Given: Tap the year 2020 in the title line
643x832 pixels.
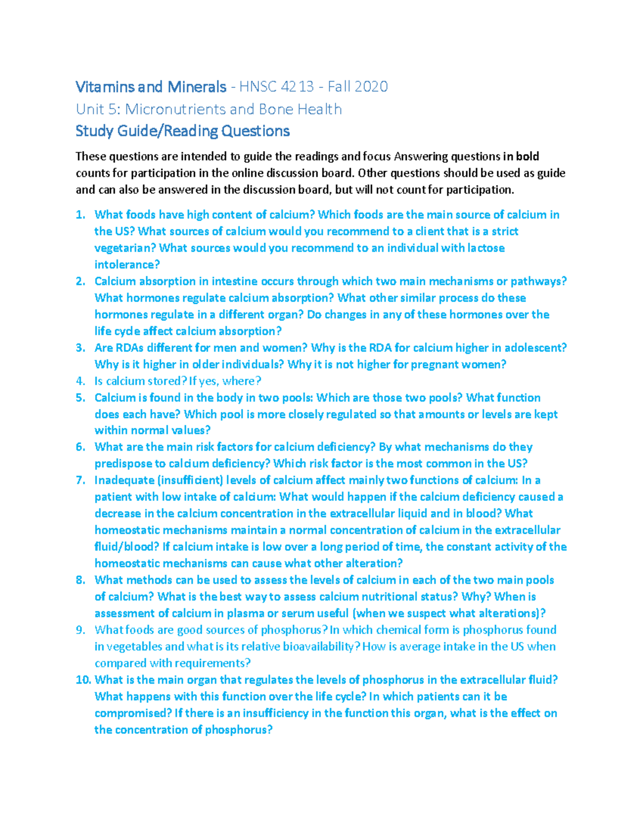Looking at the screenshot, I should point(370,87).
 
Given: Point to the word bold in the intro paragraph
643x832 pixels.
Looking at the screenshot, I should point(527,156).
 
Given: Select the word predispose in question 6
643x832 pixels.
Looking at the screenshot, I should point(123,463).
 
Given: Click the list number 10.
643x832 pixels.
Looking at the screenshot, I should point(83,680).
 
